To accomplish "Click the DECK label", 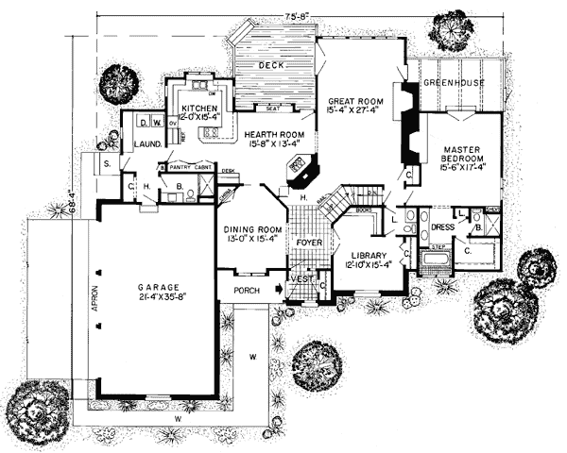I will [273, 65].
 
